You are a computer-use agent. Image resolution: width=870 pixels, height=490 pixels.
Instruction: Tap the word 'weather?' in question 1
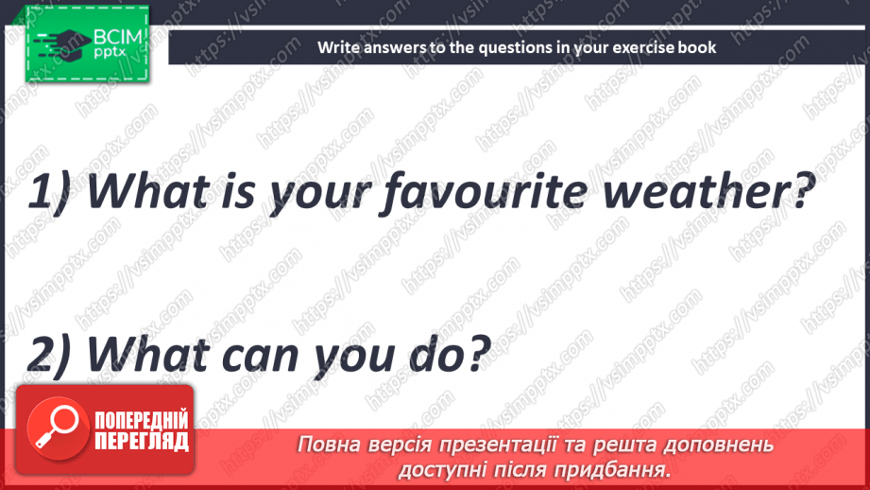tap(710, 195)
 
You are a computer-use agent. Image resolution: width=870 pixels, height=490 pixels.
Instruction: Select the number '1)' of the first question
tap(51, 195)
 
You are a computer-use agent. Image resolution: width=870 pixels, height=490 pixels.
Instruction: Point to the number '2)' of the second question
tap(51, 354)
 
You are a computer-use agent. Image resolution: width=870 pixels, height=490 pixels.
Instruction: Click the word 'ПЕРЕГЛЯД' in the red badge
tap(141, 441)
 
